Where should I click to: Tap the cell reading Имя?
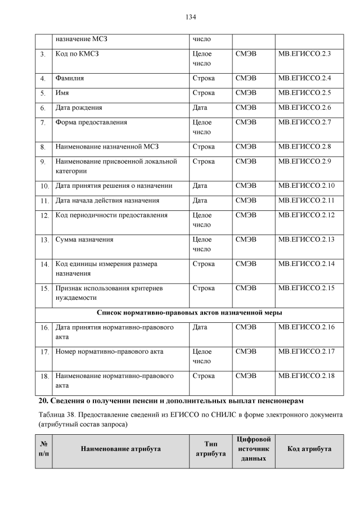pos(62,92)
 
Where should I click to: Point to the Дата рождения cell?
pos(79,107)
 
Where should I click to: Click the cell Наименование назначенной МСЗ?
pos(107,147)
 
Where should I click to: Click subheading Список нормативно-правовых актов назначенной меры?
pos(190,312)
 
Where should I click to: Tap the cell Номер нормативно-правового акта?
pos(109,352)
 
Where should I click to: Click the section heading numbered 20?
pos(170,400)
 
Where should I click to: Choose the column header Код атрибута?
pos(309,449)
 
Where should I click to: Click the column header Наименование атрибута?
pos(120,449)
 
